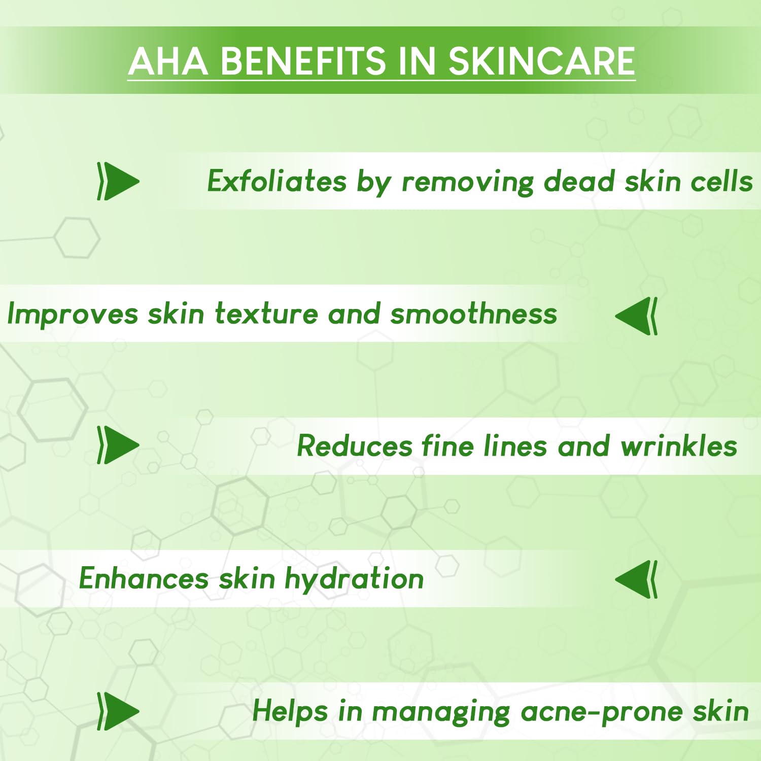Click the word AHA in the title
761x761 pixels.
click(168, 61)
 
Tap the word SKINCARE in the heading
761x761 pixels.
click(542, 61)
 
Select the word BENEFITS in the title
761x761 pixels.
click(303, 61)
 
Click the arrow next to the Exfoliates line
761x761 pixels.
click(118, 181)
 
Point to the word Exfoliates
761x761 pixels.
click(277, 181)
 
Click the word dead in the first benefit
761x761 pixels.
click(578, 181)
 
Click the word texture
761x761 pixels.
click(266, 314)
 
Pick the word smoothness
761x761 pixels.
click(474, 313)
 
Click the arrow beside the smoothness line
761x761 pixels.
click(636, 316)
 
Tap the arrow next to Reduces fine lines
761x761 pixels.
click(118, 445)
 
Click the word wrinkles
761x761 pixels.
click(679, 446)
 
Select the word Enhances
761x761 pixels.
click(144, 578)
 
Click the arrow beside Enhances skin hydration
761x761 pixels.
click(636, 579)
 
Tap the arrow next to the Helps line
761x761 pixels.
click(118, 711)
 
